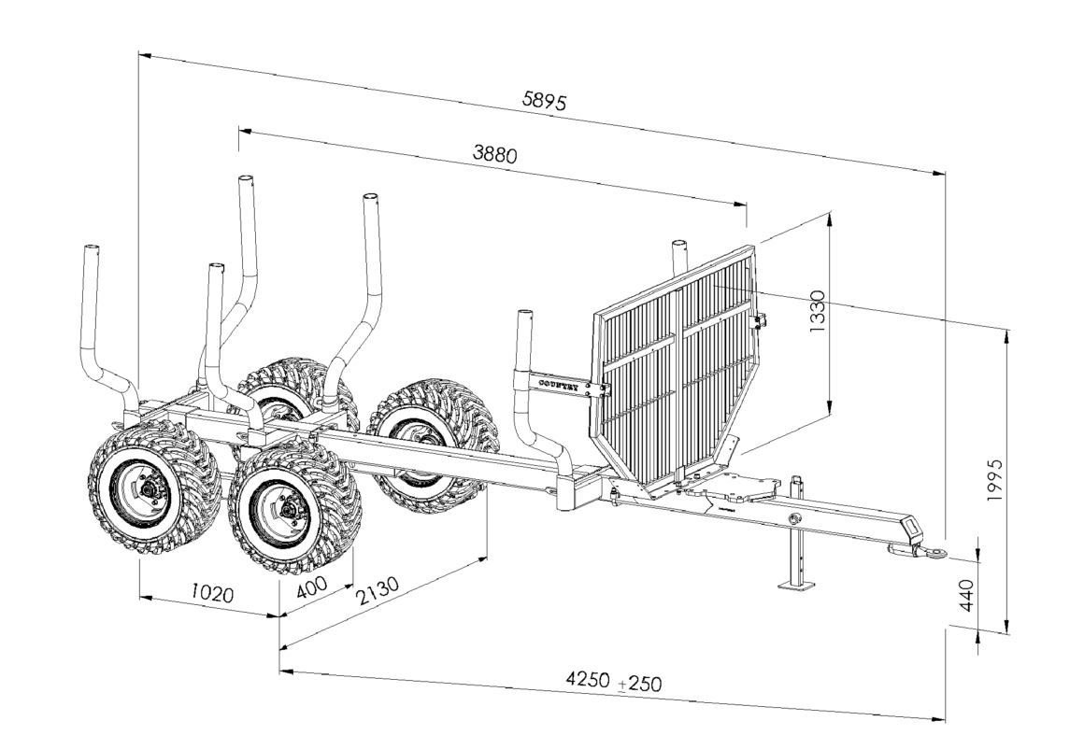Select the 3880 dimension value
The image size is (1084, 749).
tap(494, 154)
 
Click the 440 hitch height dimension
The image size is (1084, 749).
tap(968, 594)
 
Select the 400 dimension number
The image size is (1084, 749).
tap(312, 587)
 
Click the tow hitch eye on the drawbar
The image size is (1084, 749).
tap(931, 554)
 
